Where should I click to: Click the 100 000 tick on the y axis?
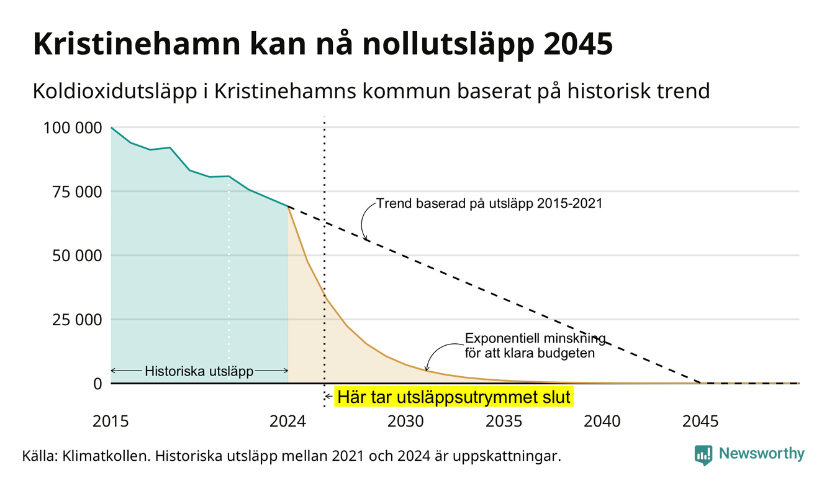point(73,128)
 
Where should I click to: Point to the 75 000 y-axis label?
point(77,192)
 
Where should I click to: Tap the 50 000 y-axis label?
point(77,256)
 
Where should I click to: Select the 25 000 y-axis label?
point(77,320)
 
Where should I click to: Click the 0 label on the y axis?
point(97,384)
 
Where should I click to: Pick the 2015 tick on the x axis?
point(111,422)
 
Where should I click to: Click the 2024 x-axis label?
point(287,422)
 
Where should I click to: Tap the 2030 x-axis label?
point(405,422)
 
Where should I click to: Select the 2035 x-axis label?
point(504,422)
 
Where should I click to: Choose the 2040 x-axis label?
point(602,422)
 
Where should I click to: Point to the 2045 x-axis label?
point(700,422)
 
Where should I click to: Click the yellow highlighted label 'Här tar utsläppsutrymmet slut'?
point(454,397)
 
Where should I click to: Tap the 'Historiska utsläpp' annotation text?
point(199,371)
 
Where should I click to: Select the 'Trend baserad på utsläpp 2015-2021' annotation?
point(489,203)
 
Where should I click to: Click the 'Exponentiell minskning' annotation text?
point(535,338)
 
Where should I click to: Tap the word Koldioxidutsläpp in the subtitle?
point(115,91)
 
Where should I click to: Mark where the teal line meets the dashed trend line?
point(288,206)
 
